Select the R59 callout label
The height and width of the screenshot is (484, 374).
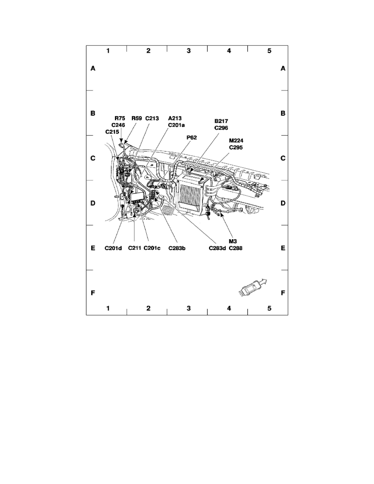[136, 119]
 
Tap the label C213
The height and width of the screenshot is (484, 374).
[152, 119]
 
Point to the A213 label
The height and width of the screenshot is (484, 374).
[174, 119]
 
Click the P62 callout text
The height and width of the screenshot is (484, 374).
[192, 138]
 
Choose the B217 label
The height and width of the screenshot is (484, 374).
[222, 121]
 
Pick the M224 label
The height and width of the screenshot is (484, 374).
[236, 141]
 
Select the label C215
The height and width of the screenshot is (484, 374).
[112, 132]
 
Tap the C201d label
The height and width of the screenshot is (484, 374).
[113, 248]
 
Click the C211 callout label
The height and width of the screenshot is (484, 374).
[134, 248]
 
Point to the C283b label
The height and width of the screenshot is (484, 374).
[177, 248]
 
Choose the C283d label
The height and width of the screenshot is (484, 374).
[217, 248]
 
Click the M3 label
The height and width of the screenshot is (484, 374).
[233, 241]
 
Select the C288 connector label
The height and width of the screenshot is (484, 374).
[236, 248]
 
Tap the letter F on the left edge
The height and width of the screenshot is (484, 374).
[93, 293]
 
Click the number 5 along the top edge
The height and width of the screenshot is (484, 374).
[269, 51]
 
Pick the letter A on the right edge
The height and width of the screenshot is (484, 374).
[283, 69]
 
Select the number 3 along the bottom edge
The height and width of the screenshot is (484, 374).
[188, 308]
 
